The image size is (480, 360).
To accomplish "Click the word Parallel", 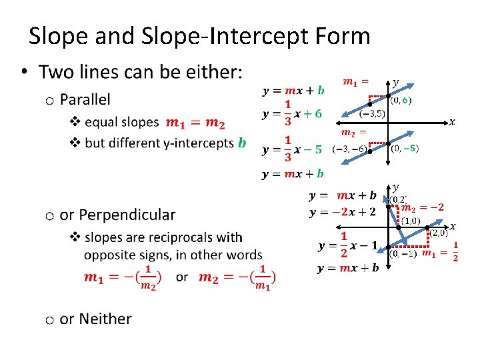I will (85, 100).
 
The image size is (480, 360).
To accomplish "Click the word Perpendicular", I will (117, 215).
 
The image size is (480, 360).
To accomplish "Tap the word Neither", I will (105, 319).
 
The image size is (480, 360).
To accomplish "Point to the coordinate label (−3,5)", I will (353, 114).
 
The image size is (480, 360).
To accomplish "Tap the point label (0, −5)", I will (405, 148).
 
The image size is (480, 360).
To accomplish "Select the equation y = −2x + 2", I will (343, 212).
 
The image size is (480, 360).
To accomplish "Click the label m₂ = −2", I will (422, 207).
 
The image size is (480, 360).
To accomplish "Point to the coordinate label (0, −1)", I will (403, 253).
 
